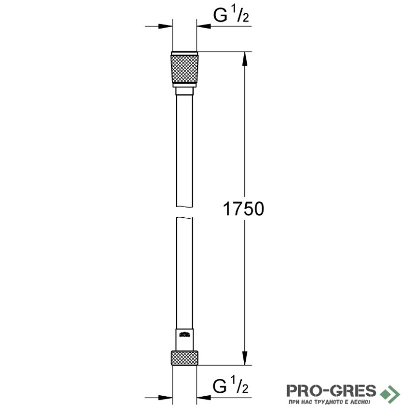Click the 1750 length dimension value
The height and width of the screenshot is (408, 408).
(x=244, y=209)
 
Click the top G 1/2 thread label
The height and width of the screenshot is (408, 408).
(x=231, y=15)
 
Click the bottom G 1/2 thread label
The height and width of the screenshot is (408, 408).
(x=231, y=386)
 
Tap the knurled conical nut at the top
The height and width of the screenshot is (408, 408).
(x=185, y=69)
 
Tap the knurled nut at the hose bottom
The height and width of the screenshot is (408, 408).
(x=185, y=358)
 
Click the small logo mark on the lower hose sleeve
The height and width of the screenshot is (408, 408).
(x=185, y=334)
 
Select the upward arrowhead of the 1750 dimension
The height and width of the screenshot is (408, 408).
(x=245, y=59)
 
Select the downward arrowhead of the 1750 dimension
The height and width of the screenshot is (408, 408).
(x=245, y=358)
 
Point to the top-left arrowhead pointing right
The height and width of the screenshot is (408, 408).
(x=165, y=26)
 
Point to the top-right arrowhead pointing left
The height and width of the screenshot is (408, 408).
(x=203, y=26)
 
